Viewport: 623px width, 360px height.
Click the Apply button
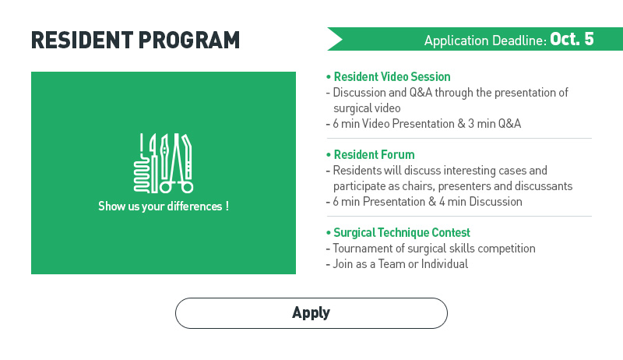311,313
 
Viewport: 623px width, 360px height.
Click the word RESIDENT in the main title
83,41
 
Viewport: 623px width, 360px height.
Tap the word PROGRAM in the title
189,41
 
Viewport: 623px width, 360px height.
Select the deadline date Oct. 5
572,39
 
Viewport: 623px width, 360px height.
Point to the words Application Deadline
485,41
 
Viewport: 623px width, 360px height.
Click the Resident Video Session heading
392,76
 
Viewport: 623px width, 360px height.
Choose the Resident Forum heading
374,154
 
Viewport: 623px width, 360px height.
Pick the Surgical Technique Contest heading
402,232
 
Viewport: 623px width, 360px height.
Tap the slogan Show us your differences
164,206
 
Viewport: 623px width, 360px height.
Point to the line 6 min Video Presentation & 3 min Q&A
427,124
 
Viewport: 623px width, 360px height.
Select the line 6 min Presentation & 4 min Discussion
427,202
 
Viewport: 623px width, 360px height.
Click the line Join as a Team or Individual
400,264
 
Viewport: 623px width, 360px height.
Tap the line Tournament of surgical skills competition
434,249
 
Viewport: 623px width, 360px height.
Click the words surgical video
367,108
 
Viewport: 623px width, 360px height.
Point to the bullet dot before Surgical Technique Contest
328,233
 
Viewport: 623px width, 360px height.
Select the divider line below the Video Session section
459,138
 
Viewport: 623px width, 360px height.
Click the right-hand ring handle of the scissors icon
188,187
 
